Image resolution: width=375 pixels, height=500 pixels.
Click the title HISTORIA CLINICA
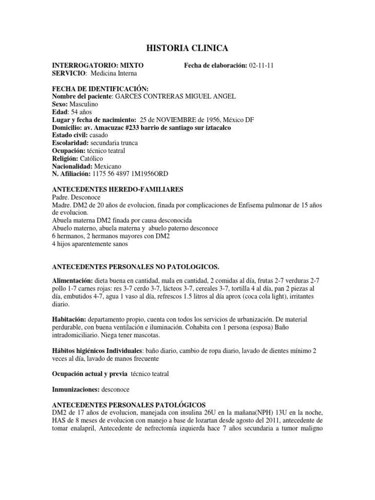click(187, 47)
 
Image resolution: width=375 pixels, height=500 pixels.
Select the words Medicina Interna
click(113, 73)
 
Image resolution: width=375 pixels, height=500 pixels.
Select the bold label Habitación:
click(70, 318)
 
